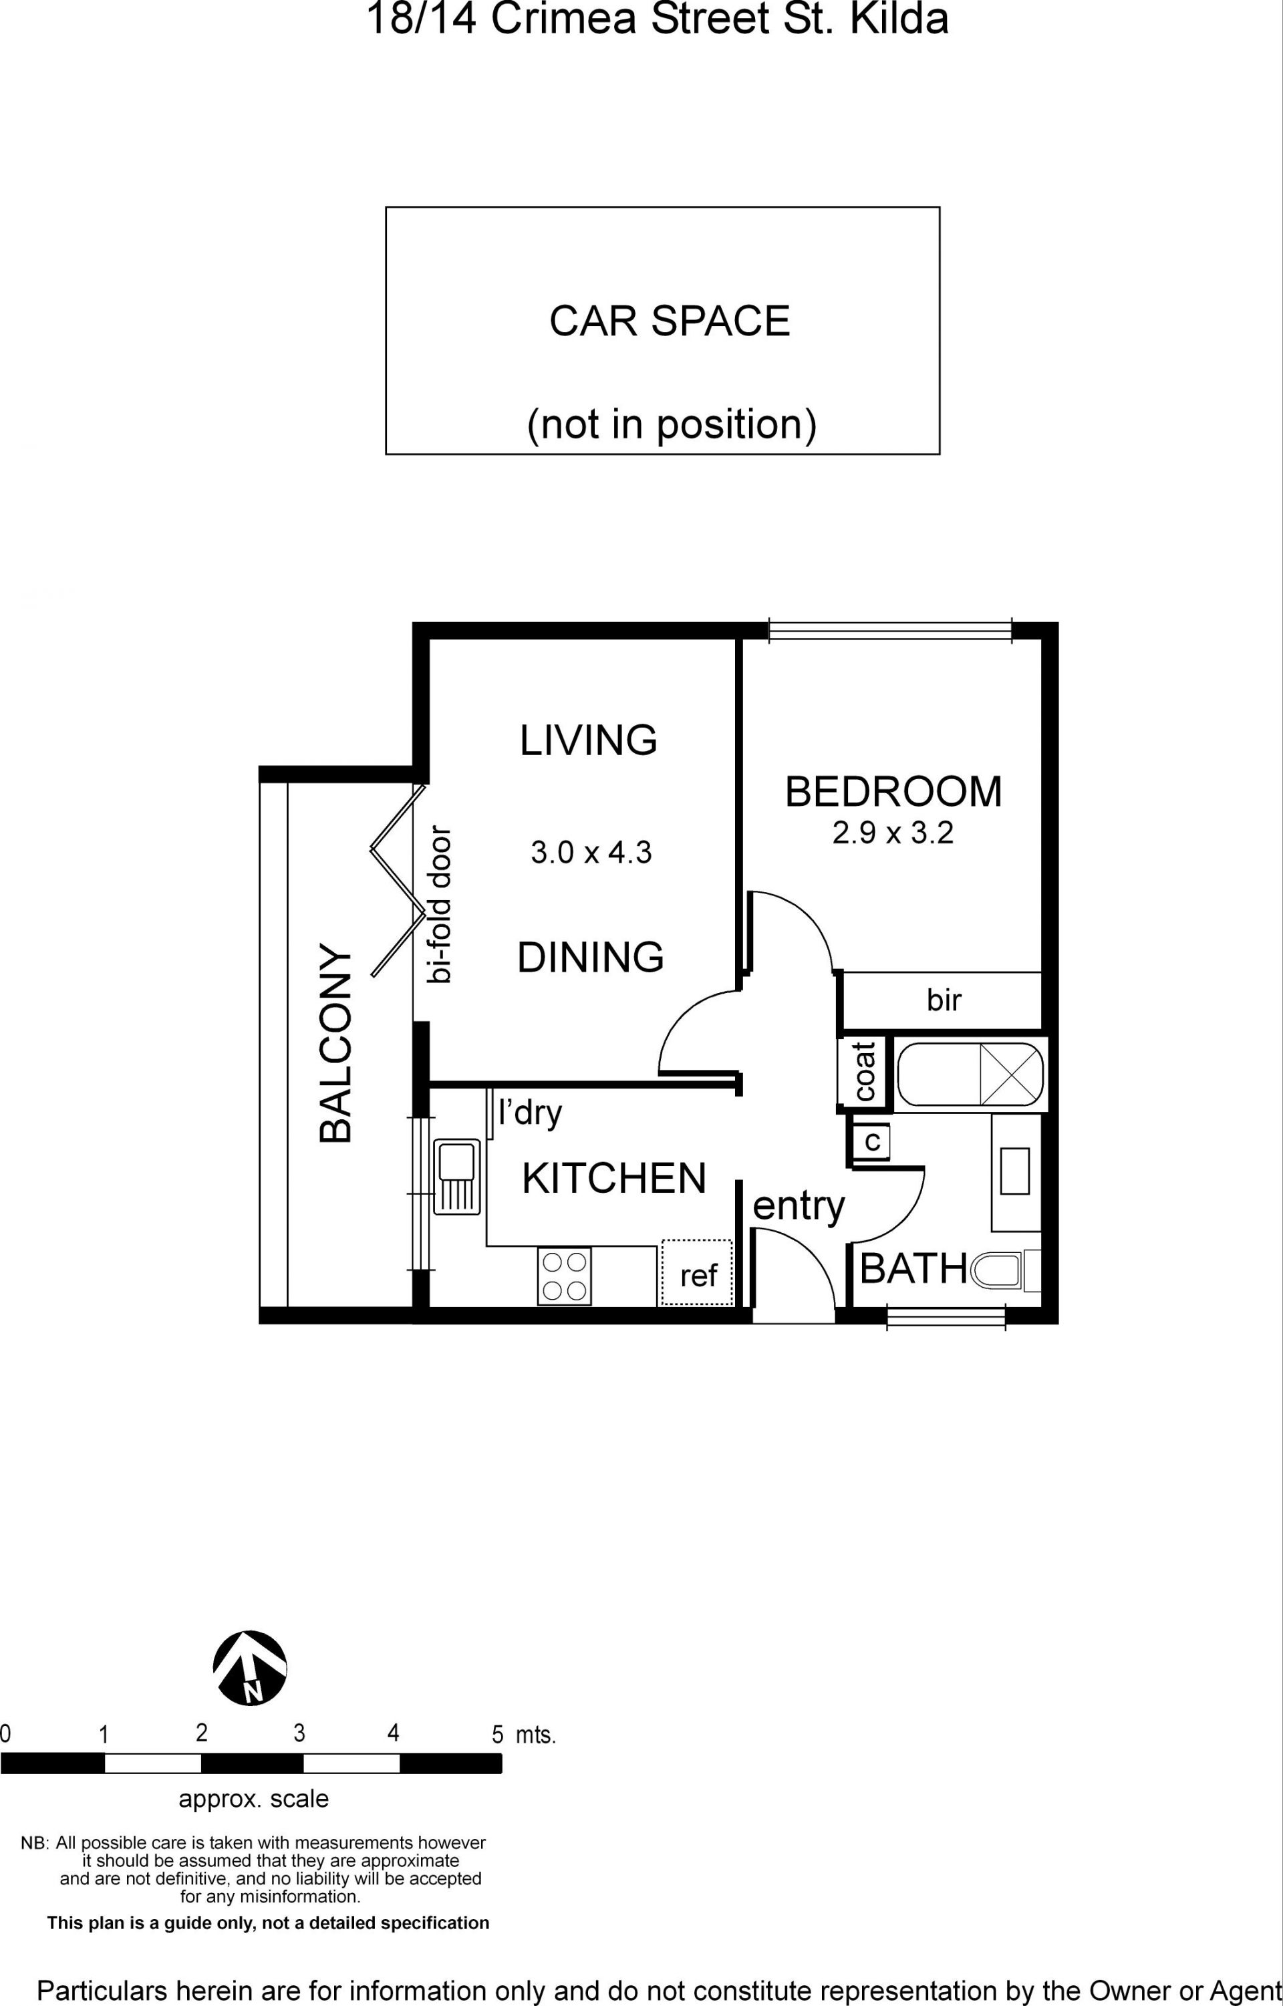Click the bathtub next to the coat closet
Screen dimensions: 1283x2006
coord(970,1074)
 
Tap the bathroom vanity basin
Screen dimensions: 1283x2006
coord(1015,1171)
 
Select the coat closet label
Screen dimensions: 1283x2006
coord(864,1071)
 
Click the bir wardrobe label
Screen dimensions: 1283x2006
coord(944,1000)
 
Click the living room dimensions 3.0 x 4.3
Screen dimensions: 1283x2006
coord(591,852)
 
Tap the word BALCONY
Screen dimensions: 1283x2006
coord(335,1042)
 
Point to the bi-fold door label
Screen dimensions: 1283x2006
coord(438,905)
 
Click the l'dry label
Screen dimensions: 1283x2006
coord(530,1113)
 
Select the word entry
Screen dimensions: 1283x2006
coord(798,1206)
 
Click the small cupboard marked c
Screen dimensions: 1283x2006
coord(871,1141)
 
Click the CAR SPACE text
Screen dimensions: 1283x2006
coord(670,321)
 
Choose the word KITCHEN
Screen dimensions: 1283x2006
coord(614,1178)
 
